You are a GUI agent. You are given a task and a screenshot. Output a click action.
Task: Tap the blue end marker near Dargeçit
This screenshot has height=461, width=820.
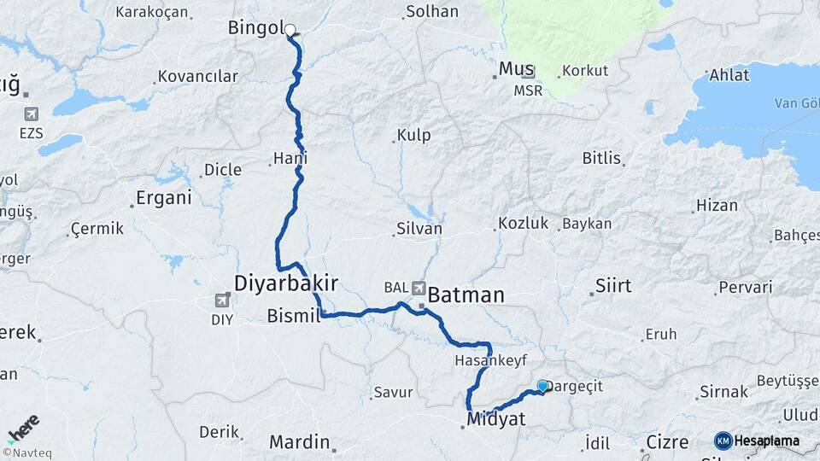542,386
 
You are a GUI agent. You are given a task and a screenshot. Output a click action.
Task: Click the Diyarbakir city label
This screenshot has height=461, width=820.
286,283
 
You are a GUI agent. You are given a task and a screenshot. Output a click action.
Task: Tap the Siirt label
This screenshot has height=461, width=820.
613,286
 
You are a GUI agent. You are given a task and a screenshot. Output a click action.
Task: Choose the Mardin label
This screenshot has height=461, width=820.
299,442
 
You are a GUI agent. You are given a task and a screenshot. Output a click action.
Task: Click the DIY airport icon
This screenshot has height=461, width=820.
222,301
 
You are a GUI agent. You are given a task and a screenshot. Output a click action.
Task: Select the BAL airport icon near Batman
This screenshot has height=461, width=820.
419,288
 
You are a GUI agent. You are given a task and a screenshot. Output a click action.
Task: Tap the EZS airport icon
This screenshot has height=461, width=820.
32,114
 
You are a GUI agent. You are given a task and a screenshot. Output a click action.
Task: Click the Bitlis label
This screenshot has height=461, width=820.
602,158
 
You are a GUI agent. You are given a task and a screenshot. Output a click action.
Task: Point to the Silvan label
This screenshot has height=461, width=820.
419,229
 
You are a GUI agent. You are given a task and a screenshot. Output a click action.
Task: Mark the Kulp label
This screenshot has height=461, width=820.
413,135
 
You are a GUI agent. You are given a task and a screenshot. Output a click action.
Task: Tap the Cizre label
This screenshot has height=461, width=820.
667,442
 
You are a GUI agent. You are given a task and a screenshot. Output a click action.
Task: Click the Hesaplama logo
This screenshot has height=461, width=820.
758,441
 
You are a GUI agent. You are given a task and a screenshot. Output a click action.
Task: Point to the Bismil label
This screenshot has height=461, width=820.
293,316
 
